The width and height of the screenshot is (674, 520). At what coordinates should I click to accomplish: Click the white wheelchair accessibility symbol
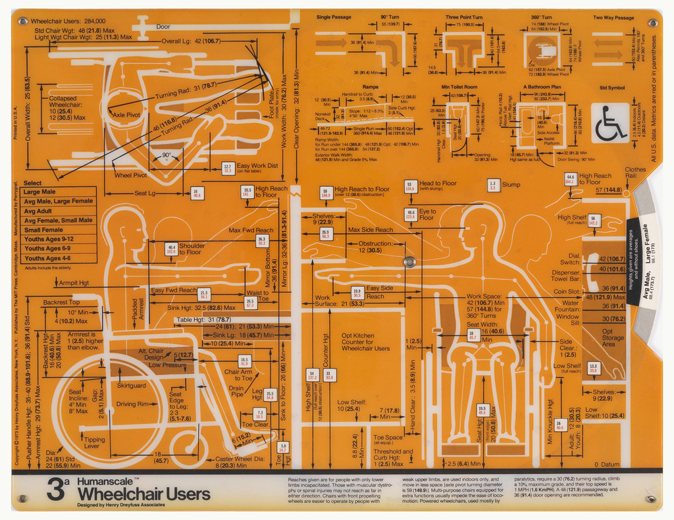(x=611, y=122)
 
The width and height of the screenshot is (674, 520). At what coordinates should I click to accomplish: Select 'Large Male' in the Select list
(x=39, y=192)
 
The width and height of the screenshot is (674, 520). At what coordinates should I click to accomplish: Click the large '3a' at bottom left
(x=58, y=490)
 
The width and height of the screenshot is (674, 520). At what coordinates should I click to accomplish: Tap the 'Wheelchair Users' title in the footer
(x=143, y=494)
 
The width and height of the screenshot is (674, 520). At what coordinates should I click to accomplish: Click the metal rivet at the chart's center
(x=409, y=262)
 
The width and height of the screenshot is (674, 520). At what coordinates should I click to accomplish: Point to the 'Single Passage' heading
(x=333, y=17)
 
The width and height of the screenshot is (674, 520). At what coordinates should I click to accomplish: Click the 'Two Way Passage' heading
(x=613, y=18)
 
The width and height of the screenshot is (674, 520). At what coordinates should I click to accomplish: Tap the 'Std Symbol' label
(x=612, y=88)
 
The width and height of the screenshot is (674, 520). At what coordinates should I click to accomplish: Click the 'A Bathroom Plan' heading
(x=542, y=87)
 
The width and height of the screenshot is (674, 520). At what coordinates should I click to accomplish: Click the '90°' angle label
(x=166, y=156)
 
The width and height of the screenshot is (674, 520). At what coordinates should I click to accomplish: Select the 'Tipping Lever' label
(x=94, y=443)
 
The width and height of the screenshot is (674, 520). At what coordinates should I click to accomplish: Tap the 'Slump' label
(x=511, y=185)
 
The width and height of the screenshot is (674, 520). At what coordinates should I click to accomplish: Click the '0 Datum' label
(x=606, y=465)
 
